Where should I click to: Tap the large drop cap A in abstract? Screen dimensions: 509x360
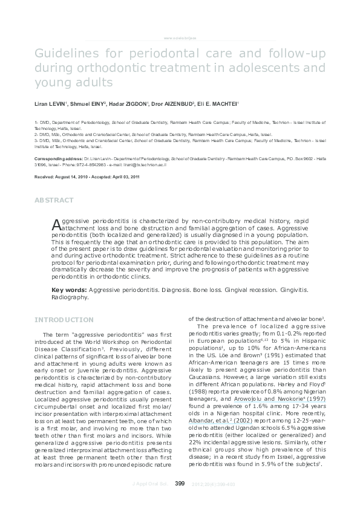(x=56, y=224)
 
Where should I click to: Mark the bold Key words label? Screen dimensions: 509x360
(x=68, y=291)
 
